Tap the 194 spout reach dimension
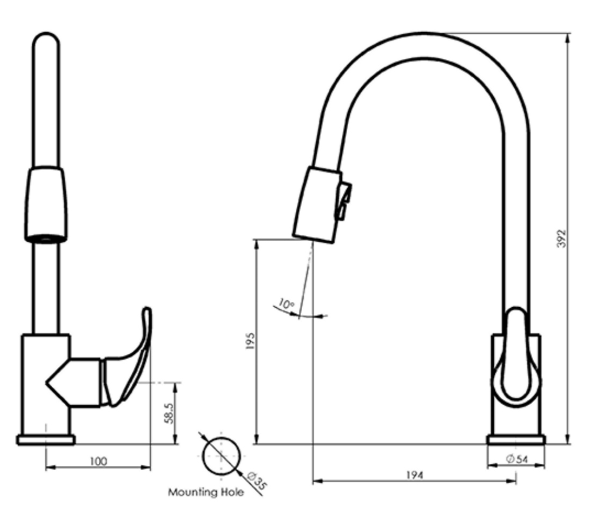tap(414, 475)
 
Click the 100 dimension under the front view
tap(99, 461)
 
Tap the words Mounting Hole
tap(206, 492)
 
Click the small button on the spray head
tap(343, 201)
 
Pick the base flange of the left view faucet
tap(46, 440)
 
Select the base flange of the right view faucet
tap(516, 440)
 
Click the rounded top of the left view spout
tap(46, 40)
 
